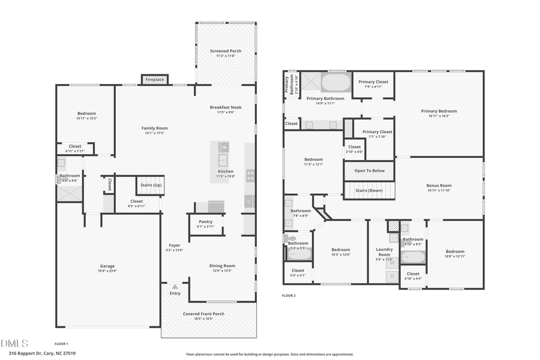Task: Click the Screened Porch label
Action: click(226, 51)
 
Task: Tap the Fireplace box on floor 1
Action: click(154, 79)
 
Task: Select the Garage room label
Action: click(107, 266)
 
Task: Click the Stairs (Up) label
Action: click(150, 185)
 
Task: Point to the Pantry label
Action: click(205, 221)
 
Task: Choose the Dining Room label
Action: click(221, 266)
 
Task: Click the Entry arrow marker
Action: click(175, 287)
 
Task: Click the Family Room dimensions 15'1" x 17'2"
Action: click(154, 133)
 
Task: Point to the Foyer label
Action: click(174, 245)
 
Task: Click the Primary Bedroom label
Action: click(439, 111)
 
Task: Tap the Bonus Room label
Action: click(439, 185)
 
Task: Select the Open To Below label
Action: click(368, 170)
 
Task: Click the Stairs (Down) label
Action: click(369, 190)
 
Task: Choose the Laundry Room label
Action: click(384, 251)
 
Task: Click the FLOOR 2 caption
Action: click(289, 295)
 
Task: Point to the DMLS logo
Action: click(14, 343)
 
